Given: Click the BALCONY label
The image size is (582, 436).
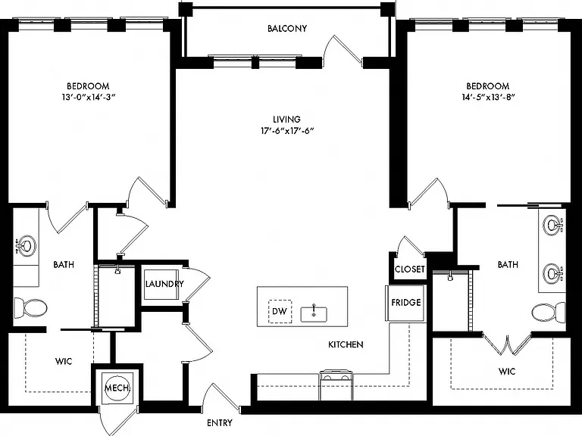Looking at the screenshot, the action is pyautogui.click(x=287, y=29).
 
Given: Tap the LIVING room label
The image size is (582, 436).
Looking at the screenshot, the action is pyautogui.click(x=286, y=120).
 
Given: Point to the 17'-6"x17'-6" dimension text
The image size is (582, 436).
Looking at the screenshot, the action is pyautogui.click(x=287, y=130).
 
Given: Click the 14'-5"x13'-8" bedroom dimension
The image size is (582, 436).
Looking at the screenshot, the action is pyautogui.click(x=488, y=97).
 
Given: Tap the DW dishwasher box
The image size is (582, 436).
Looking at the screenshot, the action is pyautogui.click(x=280, y=311).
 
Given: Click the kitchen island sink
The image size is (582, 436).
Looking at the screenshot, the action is pyautogui.click(x=314, y=314).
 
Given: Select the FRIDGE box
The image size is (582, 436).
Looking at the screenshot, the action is pyautogui.click(x=405, y=303).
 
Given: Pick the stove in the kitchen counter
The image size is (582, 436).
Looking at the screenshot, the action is pyautogui.click(x=336, y=385).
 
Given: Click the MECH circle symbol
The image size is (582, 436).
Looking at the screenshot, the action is pyautogui.click(x=117, y=388).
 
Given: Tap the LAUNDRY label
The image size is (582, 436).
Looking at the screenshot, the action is pyautogui.click(x=164, y=284).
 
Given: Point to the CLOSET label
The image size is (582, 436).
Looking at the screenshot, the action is pyautogui.click(x=410, y=269).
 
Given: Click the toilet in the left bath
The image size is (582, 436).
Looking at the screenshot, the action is pyautogui.click(x=30, y=308).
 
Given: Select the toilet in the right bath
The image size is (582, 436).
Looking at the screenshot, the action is pyautogui.click(x=549, y=312).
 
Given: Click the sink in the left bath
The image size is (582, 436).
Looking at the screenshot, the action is pyautogui.click(x=26, y=245).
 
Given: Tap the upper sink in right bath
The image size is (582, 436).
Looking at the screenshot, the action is pyautogui.click(x=553, y=224).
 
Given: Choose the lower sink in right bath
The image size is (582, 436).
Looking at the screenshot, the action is pyautogui.click(x=553, y=273).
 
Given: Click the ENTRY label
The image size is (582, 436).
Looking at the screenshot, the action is pyautogui.click(x=220, y=422).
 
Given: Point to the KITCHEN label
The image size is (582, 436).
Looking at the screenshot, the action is pyautogui.click(x=346, y=345).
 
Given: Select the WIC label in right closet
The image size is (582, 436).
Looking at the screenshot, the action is pyautogui.click(x=507, y=371).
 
